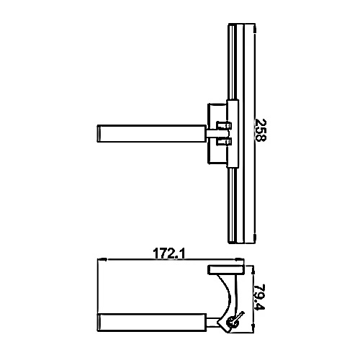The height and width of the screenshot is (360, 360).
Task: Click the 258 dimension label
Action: point(260,130)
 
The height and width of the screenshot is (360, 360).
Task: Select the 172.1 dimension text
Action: point(169,254)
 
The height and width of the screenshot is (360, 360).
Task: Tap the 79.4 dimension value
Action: point(259,297)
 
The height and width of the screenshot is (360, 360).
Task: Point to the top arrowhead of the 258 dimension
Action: point(255,29)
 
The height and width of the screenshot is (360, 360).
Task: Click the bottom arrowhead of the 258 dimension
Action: point(255,238)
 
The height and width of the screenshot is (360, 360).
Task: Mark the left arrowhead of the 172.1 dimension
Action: point(102,259)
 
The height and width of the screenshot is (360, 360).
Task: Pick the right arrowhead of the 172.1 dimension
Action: point(239,259)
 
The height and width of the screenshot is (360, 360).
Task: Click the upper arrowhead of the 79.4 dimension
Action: point(253,271)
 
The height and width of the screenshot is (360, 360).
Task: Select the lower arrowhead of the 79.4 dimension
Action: point(253,328)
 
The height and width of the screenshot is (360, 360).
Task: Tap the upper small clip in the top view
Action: point(224,125)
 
